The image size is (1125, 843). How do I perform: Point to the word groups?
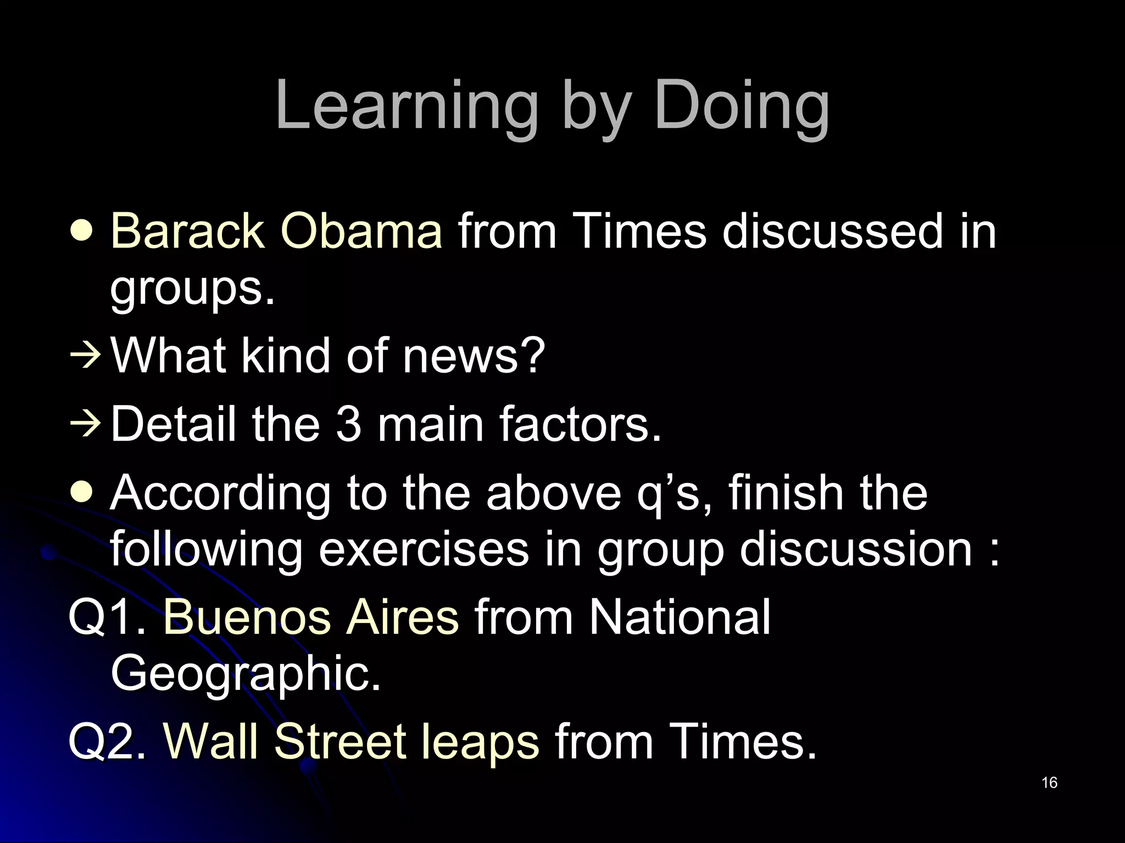point(192,289)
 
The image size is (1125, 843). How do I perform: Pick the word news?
point(474,356)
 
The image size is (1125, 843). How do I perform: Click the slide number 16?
point(1049,783)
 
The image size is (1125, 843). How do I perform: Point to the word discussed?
point(825,231)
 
